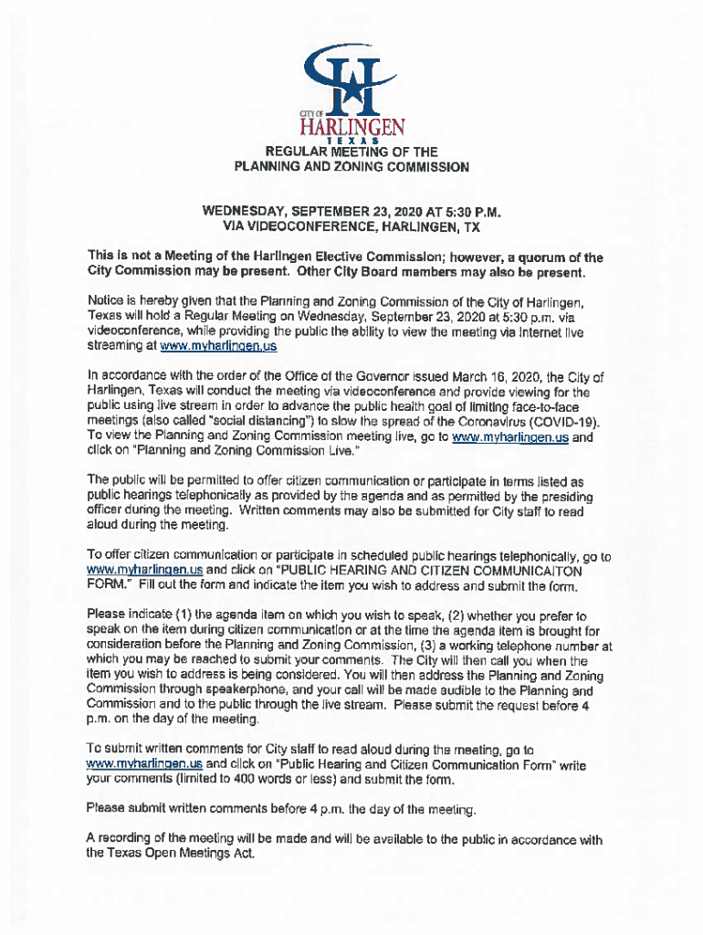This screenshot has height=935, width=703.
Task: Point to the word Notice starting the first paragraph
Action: pos(107,301)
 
